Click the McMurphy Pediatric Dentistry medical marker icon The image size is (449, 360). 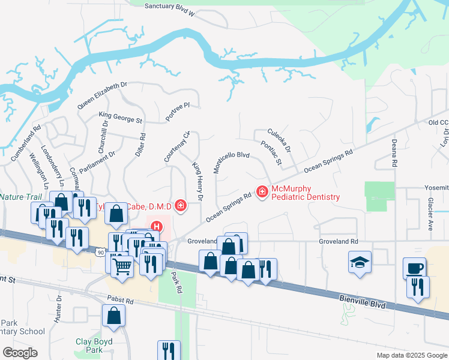262,191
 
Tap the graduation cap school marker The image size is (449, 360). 360,262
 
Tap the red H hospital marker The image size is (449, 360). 156,227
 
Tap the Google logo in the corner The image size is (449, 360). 19,352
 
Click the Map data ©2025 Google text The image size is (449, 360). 411,355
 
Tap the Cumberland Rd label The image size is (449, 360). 25,143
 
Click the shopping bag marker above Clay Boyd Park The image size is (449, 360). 113,316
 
